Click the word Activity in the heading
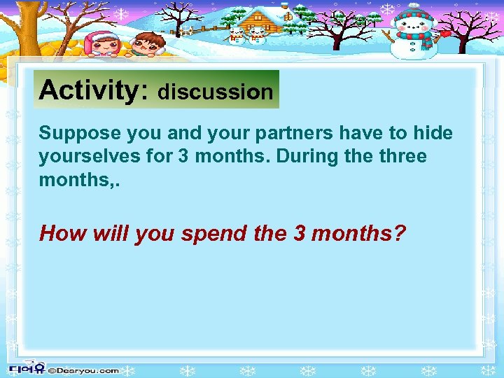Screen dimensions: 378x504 (90, 90)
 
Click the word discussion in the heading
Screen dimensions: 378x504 (216, 92)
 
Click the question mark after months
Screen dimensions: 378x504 (399, 233)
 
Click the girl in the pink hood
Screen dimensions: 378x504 (102, 43)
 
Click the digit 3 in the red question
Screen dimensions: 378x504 (300, 233)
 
